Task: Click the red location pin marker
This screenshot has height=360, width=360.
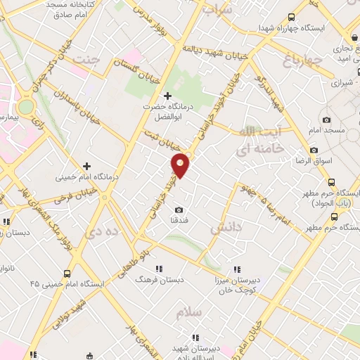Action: (x=181, y=165)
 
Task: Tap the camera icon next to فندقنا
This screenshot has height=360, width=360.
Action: (x=179, y=210)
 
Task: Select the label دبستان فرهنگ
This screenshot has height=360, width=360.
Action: (x=160, y=279)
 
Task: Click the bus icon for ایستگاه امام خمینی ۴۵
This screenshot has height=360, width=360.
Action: (x=67, y=274)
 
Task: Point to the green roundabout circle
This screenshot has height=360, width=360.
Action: (x=26, y=107)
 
